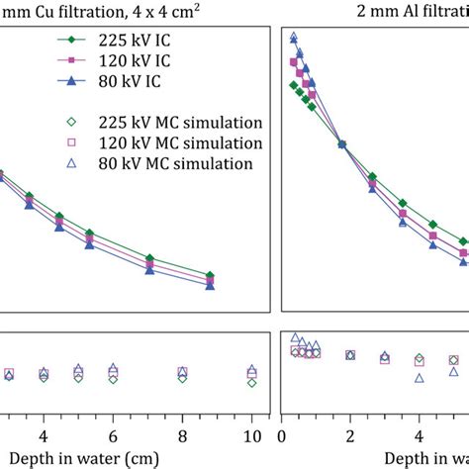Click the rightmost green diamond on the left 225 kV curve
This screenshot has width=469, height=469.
click(x=210, y=275)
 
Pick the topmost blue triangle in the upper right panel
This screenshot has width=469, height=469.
click(x=293, y=37)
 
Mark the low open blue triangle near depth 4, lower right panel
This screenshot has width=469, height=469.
click(x=419, y=378)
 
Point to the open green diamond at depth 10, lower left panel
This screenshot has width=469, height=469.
click(x=252, y=383)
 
